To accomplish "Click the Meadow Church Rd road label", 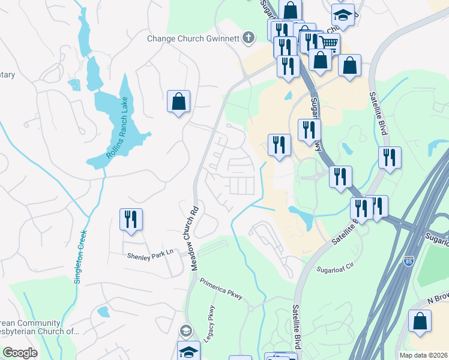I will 194,239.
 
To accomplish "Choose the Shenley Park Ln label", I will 149,254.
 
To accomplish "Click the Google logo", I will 20,353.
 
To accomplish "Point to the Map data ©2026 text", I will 424,355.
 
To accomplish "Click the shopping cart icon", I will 328,43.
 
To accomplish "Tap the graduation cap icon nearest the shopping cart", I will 343,14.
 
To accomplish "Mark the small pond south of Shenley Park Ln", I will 103,312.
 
